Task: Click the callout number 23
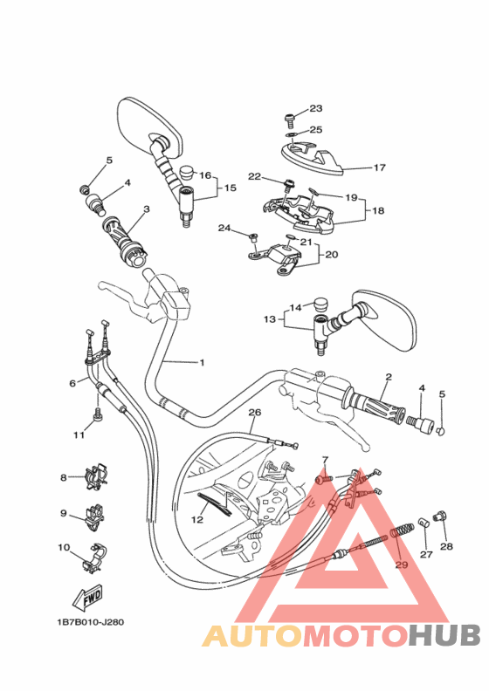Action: point(316,108)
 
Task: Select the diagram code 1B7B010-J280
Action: point(91,622)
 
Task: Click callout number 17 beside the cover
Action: point(379,168)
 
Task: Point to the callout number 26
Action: point(255,413)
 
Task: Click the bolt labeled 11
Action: point(98,414)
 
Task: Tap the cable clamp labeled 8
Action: point(96,477)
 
